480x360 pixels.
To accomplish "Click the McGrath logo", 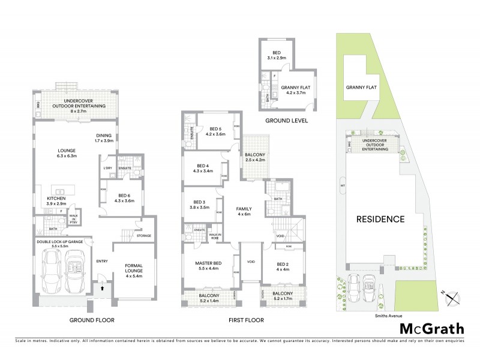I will tap(432, 328).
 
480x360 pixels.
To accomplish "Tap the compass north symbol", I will tap(453, 296).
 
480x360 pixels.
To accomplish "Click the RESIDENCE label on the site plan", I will tap(381, 219).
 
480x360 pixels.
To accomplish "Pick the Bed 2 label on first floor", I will tap(284, 266).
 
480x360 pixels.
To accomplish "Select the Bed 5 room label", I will tap(215, 131).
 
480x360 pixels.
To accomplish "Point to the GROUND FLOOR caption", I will tap(91, 320).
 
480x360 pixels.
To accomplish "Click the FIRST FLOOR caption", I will tap(246, 320).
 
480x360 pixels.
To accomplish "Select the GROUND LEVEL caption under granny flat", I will tap(287, 120).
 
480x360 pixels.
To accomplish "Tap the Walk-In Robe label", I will tap(215, 236).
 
